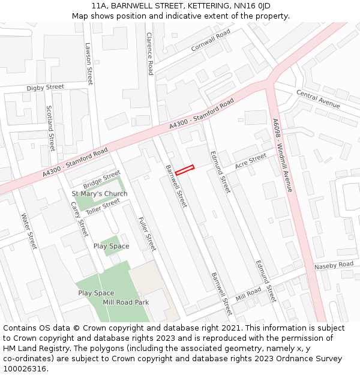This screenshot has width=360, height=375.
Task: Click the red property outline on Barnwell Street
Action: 185,170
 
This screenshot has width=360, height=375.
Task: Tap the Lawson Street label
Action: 89,63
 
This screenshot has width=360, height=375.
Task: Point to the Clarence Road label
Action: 150,53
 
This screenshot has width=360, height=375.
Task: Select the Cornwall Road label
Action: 211,40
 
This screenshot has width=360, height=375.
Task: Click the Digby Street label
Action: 45,88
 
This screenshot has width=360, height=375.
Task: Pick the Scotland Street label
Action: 50,128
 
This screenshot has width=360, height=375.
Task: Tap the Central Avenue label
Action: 318,100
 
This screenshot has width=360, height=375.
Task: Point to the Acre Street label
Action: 250,161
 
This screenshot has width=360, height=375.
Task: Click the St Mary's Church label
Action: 100,194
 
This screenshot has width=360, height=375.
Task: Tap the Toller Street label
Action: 103,208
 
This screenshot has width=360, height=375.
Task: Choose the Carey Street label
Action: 79,219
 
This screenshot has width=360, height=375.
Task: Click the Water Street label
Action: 29,231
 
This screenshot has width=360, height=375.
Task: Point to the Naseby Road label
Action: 334,265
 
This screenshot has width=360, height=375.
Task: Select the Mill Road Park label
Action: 126,302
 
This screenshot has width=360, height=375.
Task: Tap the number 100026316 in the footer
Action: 25,368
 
